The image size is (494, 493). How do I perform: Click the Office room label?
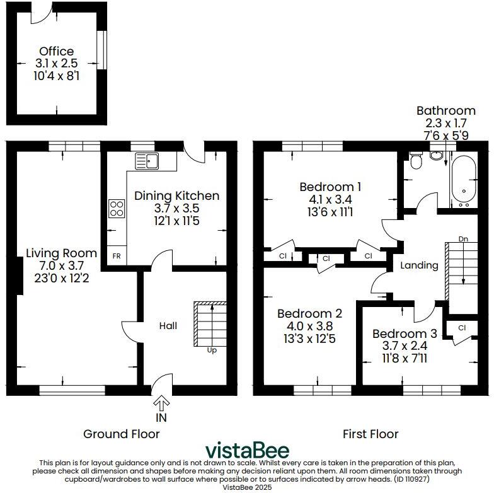[56, 51]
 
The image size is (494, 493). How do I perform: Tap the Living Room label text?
[61, 253]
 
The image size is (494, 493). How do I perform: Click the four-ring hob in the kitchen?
[117, 207]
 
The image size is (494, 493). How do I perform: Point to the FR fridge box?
[116, 257]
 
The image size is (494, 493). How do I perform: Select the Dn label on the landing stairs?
[463, 239]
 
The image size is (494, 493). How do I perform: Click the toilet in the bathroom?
[415, 162]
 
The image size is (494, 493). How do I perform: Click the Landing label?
[419, 265]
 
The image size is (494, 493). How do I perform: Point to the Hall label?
[168, 326]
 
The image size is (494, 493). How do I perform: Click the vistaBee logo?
[247, 450]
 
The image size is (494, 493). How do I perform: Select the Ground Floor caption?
[122, 434]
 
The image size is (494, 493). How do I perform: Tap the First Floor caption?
[370, 434]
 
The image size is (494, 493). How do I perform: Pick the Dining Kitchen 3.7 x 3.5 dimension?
[176, 209]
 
